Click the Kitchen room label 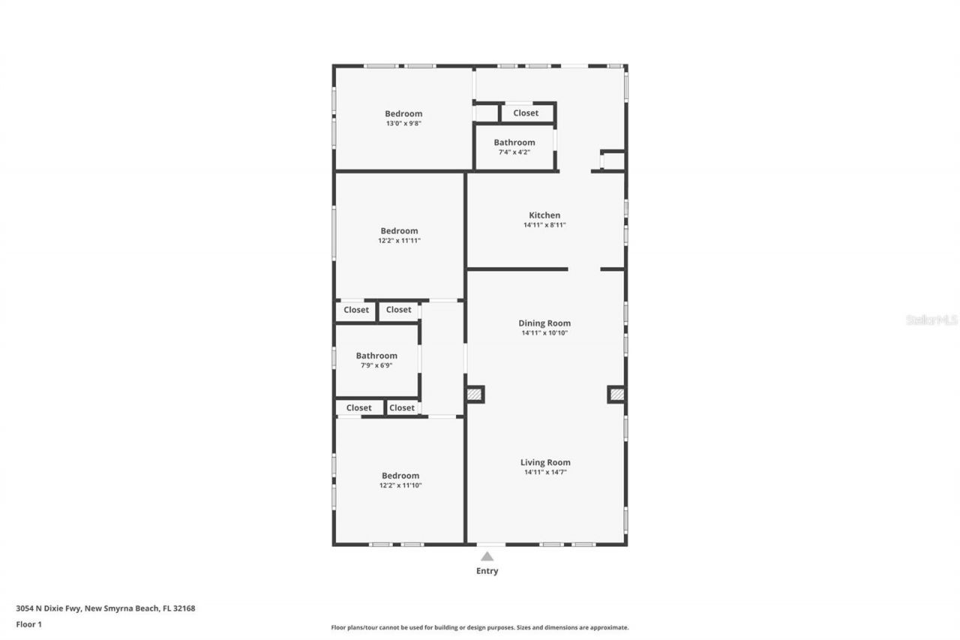coord(544,215)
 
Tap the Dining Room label coord(544,323)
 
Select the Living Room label coord(545,462)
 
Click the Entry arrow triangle coord(487,556)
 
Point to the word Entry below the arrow coord(487,571)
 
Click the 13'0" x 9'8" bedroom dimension coord(403,124)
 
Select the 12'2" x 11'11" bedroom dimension coord(399,241)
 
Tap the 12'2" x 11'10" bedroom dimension coord(400,485)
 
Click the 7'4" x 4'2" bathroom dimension coord(514,152)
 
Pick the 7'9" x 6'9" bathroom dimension coord(376,365)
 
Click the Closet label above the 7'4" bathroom coord(525,113)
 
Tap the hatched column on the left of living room coord(474,394)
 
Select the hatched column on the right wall coord(616,394)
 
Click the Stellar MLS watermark coord(931,320)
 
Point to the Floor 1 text coord(28,623)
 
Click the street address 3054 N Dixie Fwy coord(105,608)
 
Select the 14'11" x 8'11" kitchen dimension coord(544,225)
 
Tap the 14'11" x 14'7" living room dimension coord(545,472)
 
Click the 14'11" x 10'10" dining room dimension coord(544,333)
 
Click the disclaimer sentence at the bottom coord(479,627)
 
